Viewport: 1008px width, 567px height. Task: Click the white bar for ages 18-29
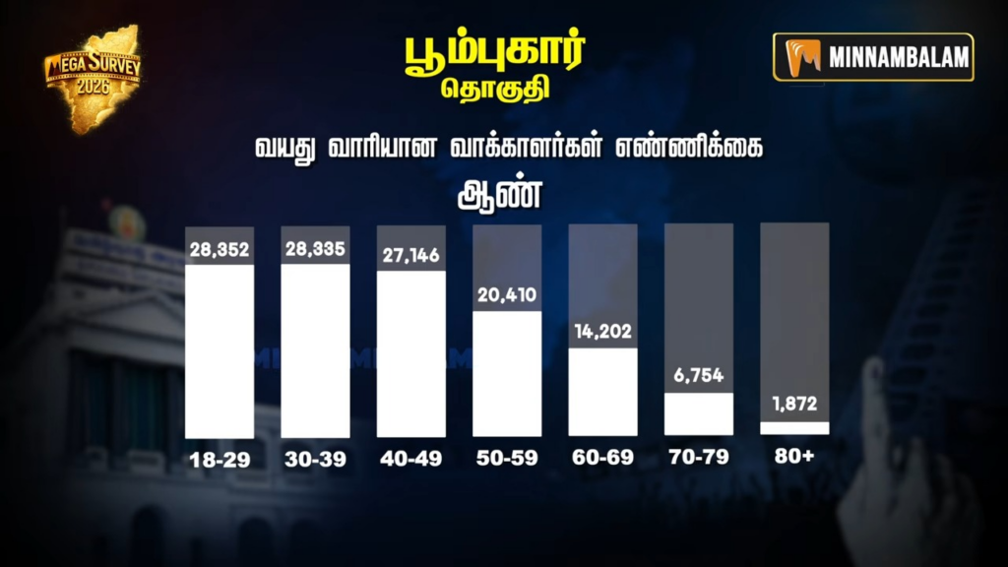(x=220, y=351)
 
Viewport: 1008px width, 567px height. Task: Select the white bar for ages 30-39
(x=315, y=350)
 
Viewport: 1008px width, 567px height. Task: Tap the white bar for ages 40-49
(x=411, y=353)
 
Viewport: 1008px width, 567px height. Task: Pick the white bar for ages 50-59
(x=507, y=374)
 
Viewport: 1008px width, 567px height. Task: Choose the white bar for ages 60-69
(x=603, y=392)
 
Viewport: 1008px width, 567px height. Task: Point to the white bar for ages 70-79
(x=699, y=414)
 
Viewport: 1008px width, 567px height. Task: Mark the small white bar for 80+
(x=795, y=428)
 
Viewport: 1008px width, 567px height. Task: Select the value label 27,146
(x=411, y=255)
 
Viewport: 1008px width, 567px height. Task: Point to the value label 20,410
(x=507, y=294)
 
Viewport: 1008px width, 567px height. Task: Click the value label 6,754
(x=699, y=377)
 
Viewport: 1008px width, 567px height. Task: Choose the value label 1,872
(x=795, y=405)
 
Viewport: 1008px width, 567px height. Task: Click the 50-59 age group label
(x=507, y=459)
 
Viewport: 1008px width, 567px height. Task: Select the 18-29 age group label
(x=220, y=459)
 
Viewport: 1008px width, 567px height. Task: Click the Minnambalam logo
(x=873, y=57)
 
